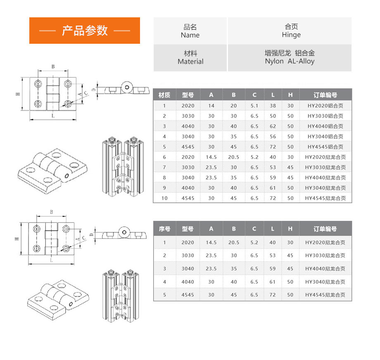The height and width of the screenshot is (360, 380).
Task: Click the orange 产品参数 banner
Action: point(84,31)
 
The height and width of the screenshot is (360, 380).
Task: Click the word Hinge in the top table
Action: point(291,35)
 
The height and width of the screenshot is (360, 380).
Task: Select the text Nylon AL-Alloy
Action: point(290,61)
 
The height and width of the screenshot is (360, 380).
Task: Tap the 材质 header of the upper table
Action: point(164,95)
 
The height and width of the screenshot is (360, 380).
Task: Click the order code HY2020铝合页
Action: point(325,106)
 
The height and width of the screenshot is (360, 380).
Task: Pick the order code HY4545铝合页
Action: point(325,147)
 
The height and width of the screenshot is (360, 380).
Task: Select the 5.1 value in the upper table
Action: point(254,106)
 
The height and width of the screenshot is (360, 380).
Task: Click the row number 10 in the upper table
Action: point(164,198)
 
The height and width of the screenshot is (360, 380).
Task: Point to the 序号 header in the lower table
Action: point(164,229)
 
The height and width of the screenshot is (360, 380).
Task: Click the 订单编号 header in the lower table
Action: point(325,229)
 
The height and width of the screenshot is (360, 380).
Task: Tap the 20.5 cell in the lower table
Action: point(234,242)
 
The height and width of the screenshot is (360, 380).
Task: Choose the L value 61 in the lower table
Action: point(273,282)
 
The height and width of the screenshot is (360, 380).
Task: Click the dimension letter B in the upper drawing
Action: point(53,66)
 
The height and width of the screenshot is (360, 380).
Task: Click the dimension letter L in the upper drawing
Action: point(52,116)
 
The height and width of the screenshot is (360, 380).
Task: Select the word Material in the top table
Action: point(190,62)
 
